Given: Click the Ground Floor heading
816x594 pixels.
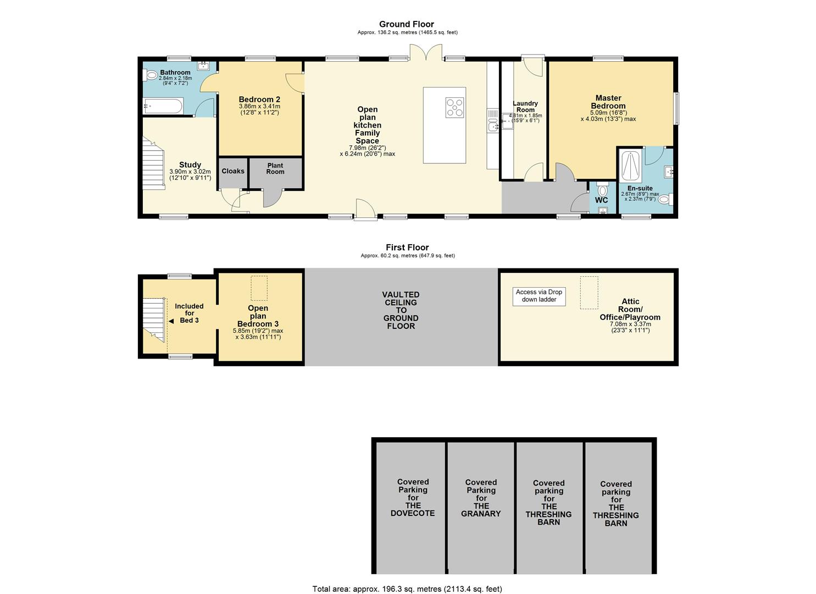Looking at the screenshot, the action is click(407, 24).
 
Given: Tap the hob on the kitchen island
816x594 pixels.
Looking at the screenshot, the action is click(454, 108).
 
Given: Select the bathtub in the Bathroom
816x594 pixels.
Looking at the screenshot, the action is click(163, 106).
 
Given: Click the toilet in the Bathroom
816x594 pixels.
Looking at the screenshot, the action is click(151, 75).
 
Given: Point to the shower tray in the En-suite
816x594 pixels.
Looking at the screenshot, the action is click(632, 166).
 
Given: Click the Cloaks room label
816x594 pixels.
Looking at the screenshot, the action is click(233, 171).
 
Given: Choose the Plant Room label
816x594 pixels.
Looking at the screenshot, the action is click(275, 168).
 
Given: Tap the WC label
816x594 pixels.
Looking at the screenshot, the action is click(602, 200).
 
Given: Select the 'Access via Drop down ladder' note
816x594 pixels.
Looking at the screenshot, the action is click(539, 296).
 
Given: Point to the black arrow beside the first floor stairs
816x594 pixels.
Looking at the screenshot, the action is click(171, 321).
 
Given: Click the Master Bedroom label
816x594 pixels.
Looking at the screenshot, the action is click(608, 102).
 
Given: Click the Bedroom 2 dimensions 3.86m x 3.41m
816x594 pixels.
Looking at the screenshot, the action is click(260, 107).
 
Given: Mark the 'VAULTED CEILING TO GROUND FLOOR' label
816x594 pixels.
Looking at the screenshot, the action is click(401, 310).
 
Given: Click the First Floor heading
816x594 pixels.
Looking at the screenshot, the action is click(407, 248).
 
